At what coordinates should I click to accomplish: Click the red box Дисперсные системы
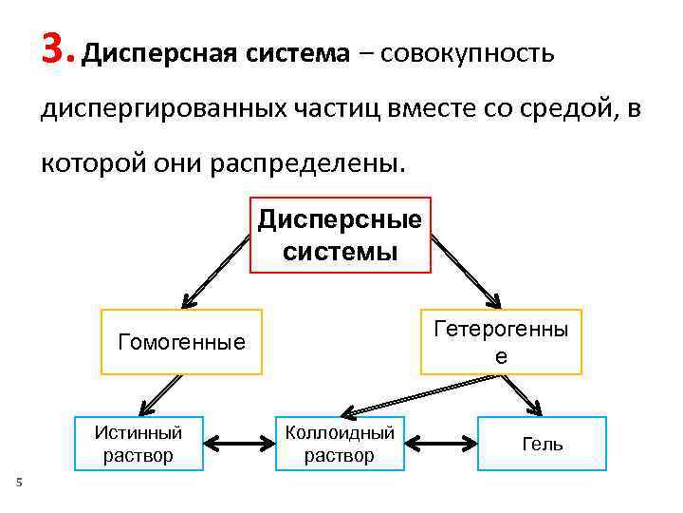point(341,235)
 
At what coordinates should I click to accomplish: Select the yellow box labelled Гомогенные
point(181,342)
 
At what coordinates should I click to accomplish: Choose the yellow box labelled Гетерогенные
point(501,342)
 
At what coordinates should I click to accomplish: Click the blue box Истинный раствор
point(138,444)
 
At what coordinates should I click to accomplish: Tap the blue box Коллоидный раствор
point(340,444)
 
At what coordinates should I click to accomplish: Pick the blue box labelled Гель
point(542,444)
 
